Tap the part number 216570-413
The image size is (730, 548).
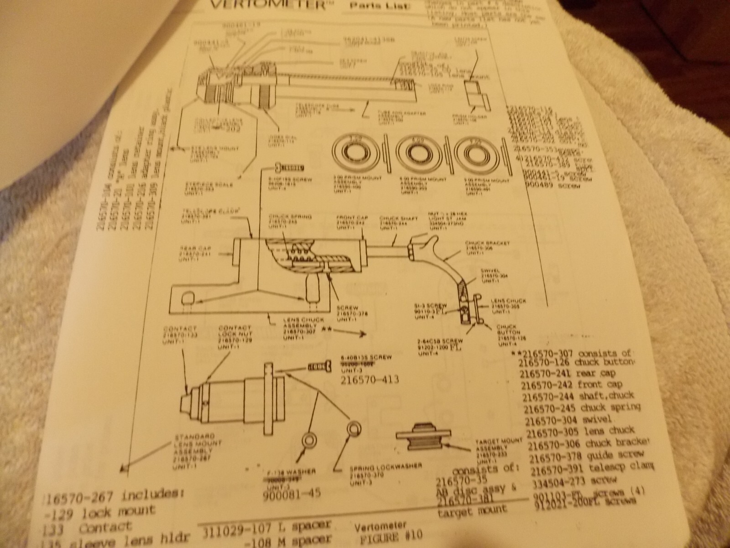coord(370,379)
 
